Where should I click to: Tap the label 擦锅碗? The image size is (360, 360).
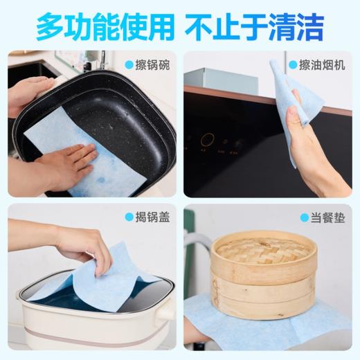152,64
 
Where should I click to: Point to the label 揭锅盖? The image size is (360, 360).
152,217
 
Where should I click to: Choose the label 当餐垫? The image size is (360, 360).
328,217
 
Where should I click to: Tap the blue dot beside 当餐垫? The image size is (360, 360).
305,217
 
